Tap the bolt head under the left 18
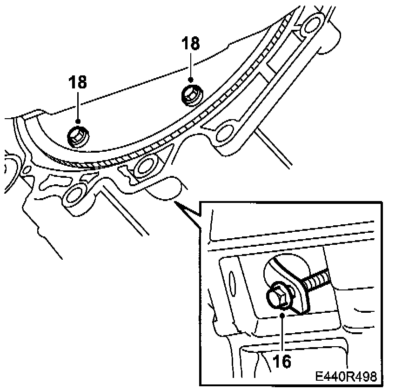[x=77, y=136]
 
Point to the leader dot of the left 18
[x=78, y=122]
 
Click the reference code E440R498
[x=344, y=376]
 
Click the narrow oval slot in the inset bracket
[x=231, y=282]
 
